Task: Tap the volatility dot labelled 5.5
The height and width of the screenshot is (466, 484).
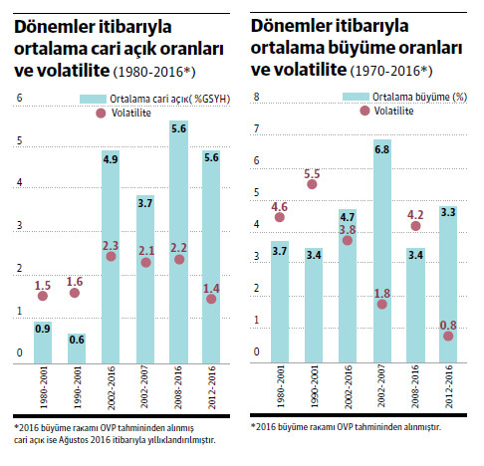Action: [312, 184]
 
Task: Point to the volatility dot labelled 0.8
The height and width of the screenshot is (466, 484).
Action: [449, 336]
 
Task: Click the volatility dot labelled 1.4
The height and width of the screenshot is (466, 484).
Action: [212, 299]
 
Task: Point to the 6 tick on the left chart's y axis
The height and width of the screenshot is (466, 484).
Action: [18, 98]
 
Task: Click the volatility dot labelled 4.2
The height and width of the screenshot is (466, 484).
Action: [415, 226]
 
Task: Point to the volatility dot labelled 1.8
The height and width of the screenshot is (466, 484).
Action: [381, 304]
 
